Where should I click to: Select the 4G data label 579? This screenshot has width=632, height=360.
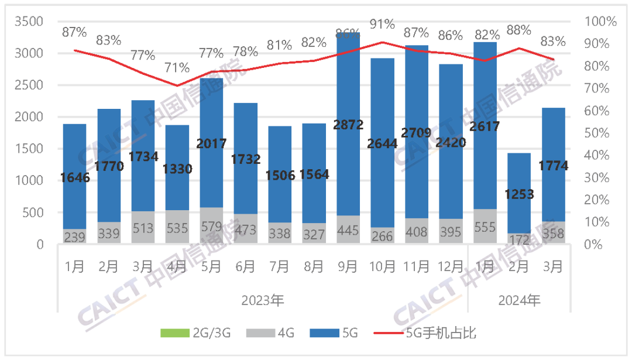tap(211, 228)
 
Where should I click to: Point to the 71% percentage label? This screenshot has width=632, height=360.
tap(177, 67)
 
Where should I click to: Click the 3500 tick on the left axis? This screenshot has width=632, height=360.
tap(32, 22)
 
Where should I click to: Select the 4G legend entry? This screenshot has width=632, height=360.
tap(277, 334)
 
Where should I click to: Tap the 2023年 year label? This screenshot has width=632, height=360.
tap(262, 301)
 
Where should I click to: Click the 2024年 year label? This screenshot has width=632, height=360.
tap(519, 301)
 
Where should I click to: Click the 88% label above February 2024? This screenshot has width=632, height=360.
tap(518, 29)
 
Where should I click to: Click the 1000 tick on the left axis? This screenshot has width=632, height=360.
tap(32, 181)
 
